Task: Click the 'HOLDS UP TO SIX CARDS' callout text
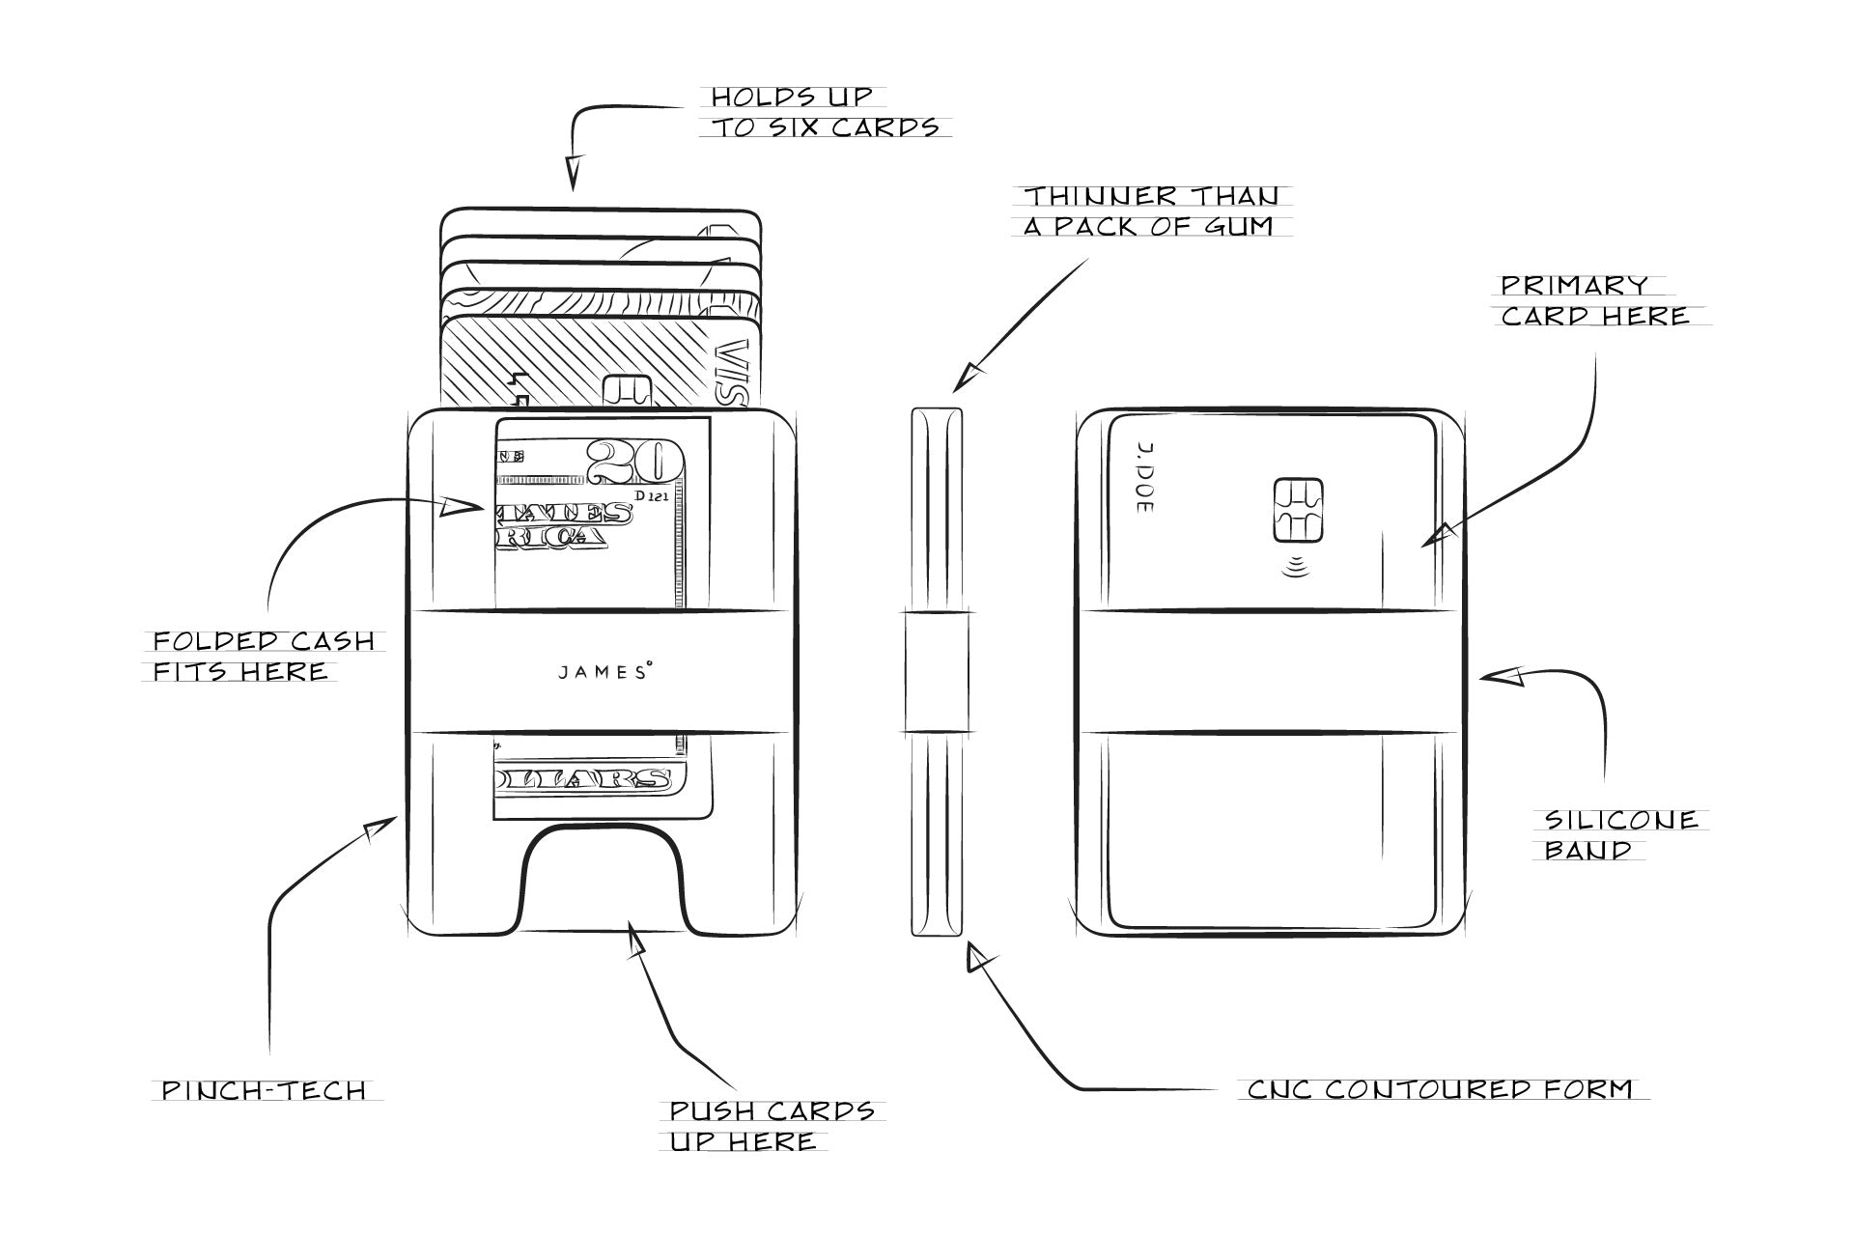click(x=825, y=112)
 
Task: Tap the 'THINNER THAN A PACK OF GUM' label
click(x=1151, y=211)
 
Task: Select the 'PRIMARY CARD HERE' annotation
click(x=1595, y=300)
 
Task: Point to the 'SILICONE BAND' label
click(x=1620, y=834)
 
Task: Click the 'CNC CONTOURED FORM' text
click(x=1440, y=1089)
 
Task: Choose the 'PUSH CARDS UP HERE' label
click(x=772, y=1125)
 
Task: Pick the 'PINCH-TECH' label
click(x=264, y=1090)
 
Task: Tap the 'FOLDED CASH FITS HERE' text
click(x=263, y=656)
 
